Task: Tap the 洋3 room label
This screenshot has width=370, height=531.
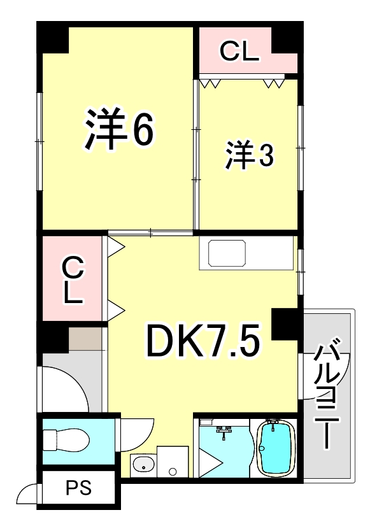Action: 249,156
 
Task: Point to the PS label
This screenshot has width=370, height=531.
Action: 80,489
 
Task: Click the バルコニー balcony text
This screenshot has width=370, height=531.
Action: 329,395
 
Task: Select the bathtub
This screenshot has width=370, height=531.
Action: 275,447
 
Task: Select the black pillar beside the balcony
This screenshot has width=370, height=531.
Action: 286,324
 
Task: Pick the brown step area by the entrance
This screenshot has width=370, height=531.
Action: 86,339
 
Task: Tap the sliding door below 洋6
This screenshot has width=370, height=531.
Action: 151,233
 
